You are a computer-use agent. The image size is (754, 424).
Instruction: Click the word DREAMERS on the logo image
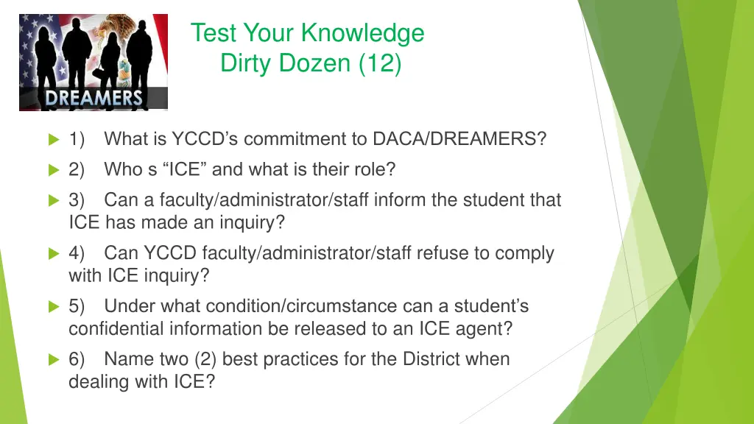(94, 98)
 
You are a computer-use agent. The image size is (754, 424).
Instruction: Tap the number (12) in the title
(381, 64)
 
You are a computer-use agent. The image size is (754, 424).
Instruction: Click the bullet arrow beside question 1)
(53, 139)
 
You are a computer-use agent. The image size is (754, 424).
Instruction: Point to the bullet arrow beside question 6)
(53, 359)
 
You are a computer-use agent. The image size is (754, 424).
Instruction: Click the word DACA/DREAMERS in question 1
(459, 138)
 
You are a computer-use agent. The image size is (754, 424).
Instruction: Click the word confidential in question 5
(116, 328)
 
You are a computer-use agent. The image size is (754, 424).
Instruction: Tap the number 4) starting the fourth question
(77, 253)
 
